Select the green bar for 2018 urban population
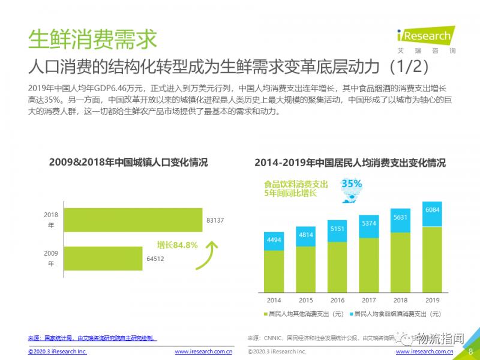(133, 220)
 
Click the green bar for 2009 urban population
(103, 259)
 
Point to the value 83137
(215, 220)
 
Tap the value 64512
(155, 259)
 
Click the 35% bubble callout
(352, 185)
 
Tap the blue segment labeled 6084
(432, 215)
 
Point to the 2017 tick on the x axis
(368, 300)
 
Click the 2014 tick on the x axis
(274, 300)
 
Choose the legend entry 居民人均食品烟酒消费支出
(396, 314)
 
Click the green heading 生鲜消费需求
(92, 39)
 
